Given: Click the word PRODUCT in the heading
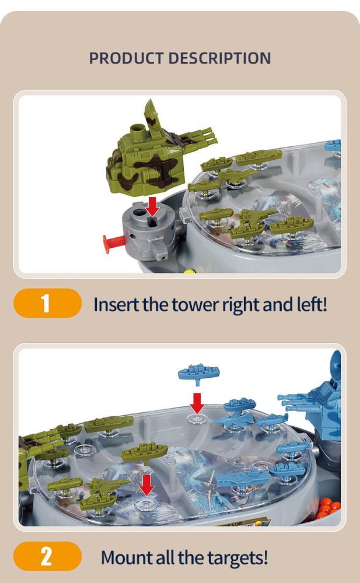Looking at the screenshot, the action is (125, 58).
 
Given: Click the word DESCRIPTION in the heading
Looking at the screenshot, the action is (219, 58).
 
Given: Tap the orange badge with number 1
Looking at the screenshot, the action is (47, 303).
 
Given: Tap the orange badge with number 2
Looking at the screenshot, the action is (47, 556).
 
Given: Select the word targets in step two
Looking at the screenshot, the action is (237, 558).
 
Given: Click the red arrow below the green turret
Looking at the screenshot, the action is (152, 206).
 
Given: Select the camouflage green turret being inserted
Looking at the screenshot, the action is (156, 156).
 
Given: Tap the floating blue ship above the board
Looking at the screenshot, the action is (198, 374).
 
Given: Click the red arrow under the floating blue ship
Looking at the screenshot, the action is (197, 403).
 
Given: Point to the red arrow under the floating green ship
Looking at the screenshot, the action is (147, 485).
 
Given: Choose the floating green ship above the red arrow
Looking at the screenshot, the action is (145, 453).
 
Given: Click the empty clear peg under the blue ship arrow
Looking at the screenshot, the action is (197, 419).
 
